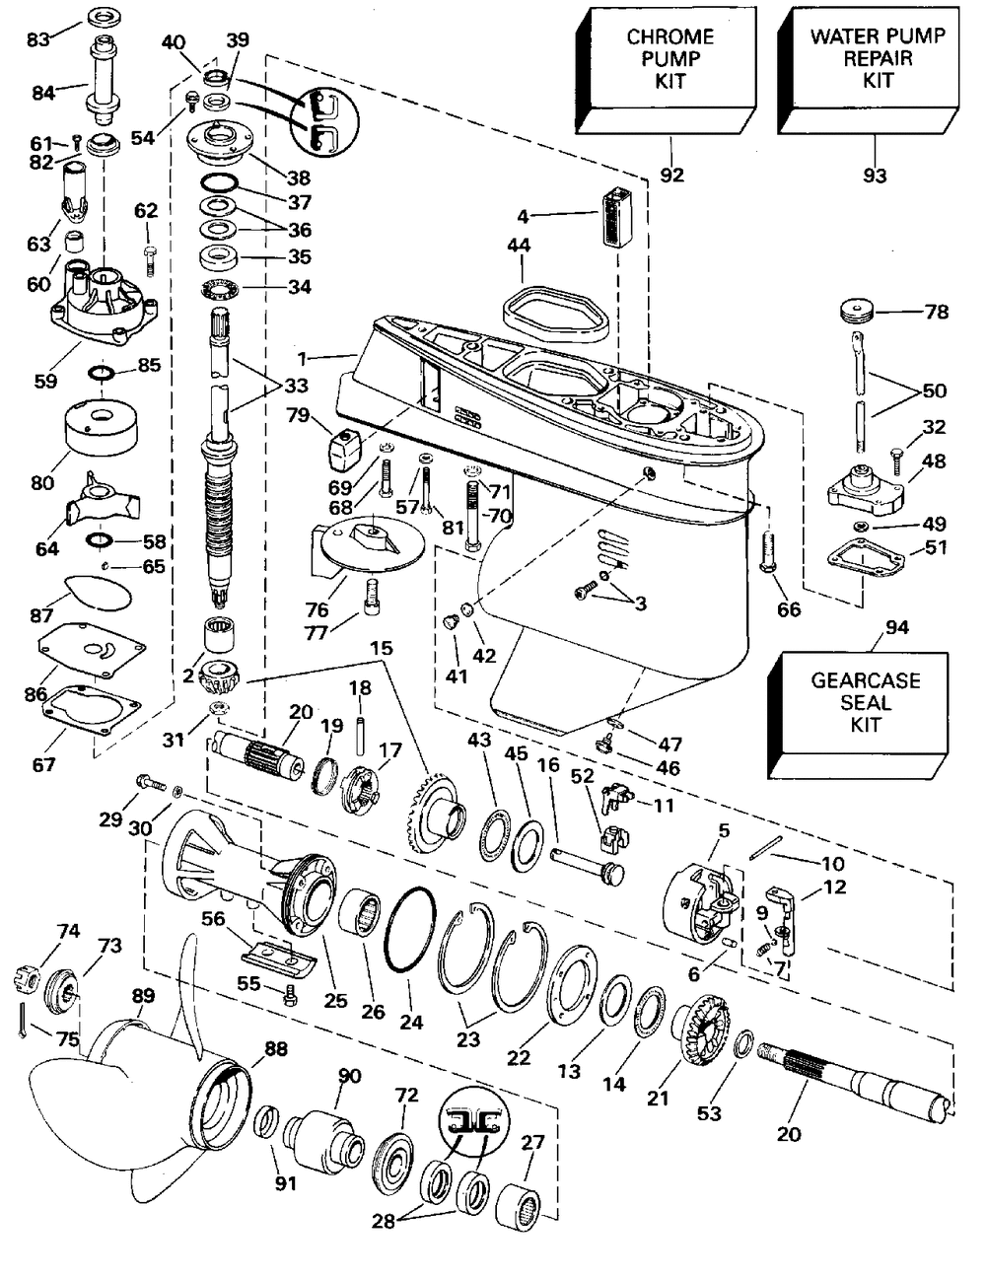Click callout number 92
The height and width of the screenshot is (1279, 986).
[672, 176]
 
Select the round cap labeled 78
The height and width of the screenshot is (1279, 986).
[858, 313]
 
